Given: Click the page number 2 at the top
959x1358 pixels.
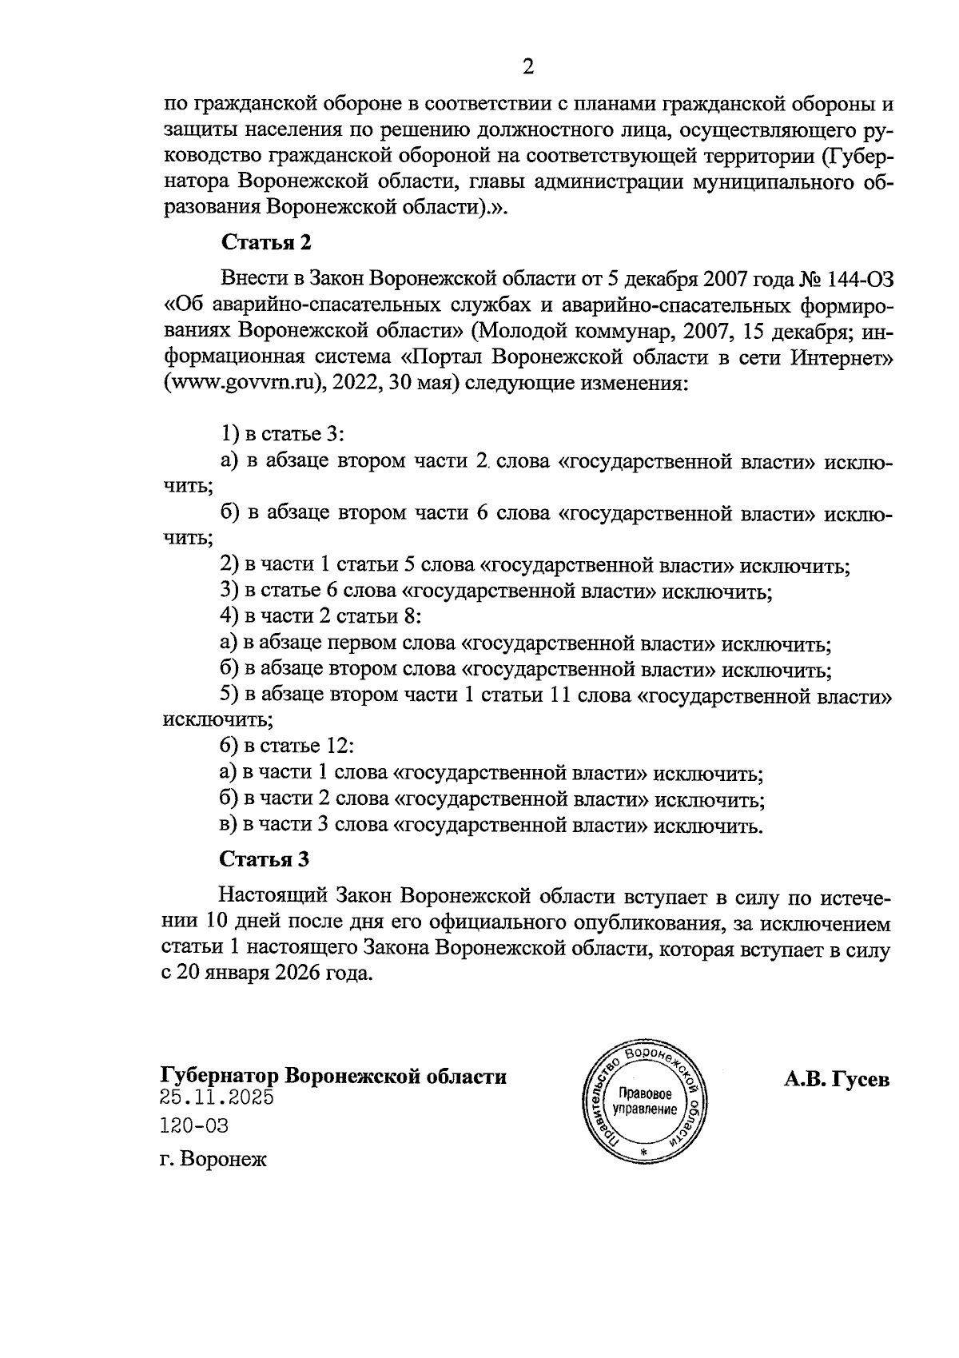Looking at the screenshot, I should (527, 67).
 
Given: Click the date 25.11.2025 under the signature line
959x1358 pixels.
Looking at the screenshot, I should (217, 1097).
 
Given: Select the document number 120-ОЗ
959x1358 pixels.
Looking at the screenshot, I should (194, 1126).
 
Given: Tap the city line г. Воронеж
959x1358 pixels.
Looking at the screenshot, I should (213, 1160).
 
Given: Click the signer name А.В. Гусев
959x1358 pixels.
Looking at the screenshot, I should (836, 1080).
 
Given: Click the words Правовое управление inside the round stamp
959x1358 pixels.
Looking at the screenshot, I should (644, 1101).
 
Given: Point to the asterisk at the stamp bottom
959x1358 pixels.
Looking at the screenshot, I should (643, 1153).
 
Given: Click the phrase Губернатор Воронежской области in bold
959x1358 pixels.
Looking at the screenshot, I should (333, 1076).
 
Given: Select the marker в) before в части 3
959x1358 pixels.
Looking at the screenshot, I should (229, 825).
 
